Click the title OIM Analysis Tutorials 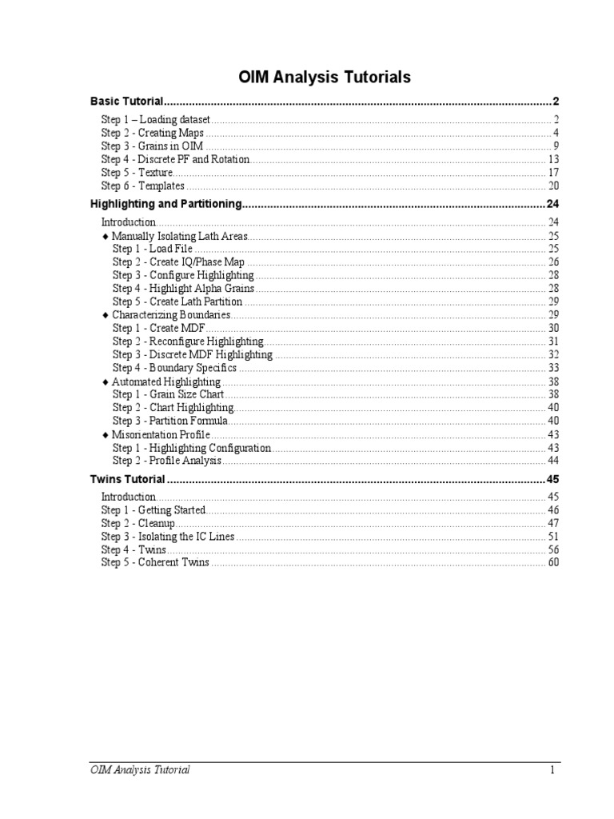[x=325, y=78]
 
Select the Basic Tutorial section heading [x=127, y=102]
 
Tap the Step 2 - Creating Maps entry [x=152, y=133]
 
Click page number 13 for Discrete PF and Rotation [x=553, y=159]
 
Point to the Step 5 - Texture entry [x=137, y=173]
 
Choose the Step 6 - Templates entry [x=142, y=186]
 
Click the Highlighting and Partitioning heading [x=165, y=204]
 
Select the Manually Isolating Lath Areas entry [x=180, y=237]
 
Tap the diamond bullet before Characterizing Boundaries [x=106, y=315]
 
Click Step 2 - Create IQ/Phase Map [x=178, y=262]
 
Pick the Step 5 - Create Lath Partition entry [x=177, y=302]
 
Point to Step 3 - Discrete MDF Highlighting [x=192, y=354]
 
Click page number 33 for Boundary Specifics [x=553, y=368]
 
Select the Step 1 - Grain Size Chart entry [x=168, y=394]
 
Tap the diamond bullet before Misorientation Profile [x=106, y=434]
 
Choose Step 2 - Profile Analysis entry [x=166, y=461]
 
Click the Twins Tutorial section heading [x=128, y=479]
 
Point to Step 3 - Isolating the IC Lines [x=168, y=537]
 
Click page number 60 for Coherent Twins [x=553, y=562]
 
